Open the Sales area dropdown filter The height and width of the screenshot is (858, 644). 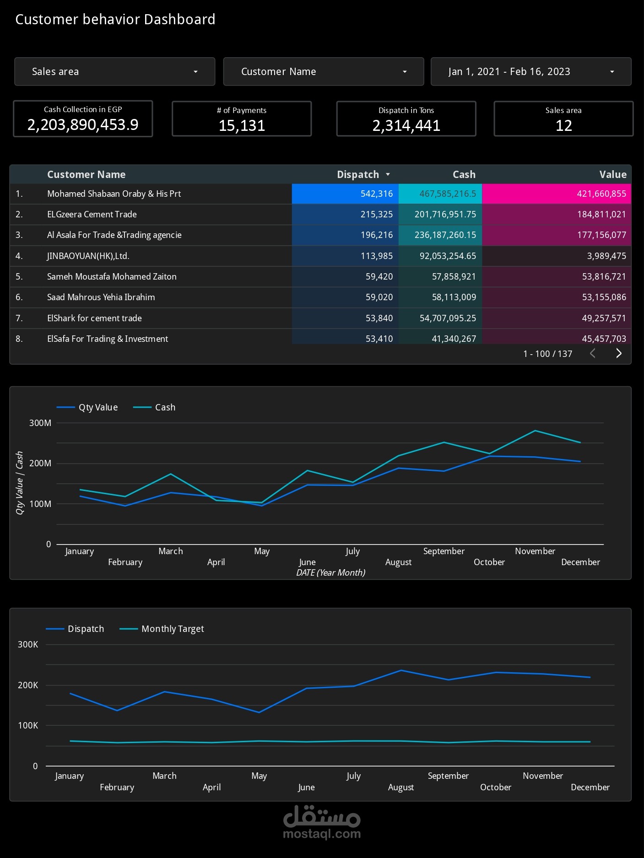point(114,71)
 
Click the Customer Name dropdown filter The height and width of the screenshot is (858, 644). point(323,71)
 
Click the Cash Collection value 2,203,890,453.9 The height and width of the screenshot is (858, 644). point(83,124)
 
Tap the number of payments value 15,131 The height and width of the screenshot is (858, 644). point(242,125)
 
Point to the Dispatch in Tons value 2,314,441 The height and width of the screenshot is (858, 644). point(406,125)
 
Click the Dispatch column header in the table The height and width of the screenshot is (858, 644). point(358,174)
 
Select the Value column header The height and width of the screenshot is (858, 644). point(612,174)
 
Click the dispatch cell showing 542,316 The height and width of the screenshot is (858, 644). point(376,194)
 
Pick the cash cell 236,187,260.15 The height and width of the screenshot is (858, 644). point(445,235)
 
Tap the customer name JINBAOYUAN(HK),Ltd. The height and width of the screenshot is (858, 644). point(88,256)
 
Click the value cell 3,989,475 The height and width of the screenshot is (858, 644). point(606,256)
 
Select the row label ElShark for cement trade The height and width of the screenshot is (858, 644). point(94,318)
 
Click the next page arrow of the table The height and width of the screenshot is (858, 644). point(619,353)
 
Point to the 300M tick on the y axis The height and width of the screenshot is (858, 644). point(40,423)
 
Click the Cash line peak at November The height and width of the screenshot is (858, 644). point(535,431)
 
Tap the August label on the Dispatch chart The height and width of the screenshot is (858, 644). point(400,787)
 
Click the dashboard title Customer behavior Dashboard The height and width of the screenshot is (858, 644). point(115,19)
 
